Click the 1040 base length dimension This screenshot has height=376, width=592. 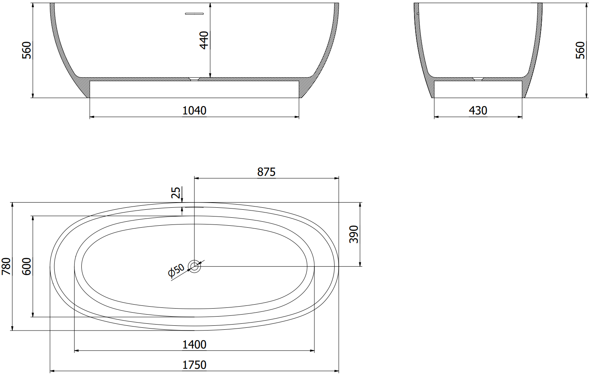[194, 110]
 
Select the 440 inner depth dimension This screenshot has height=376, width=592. [204, 40]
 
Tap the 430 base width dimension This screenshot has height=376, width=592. [478, 110]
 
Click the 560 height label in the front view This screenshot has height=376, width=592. [26, 50]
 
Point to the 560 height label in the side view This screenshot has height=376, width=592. [580, 50]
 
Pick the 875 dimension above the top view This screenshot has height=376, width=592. [266, 172]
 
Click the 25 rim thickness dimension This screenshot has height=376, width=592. [176, 192]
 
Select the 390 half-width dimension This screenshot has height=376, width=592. [353, 234]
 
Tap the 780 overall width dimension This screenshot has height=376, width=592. [6, 266]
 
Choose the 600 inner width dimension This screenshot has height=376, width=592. [26, 266]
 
